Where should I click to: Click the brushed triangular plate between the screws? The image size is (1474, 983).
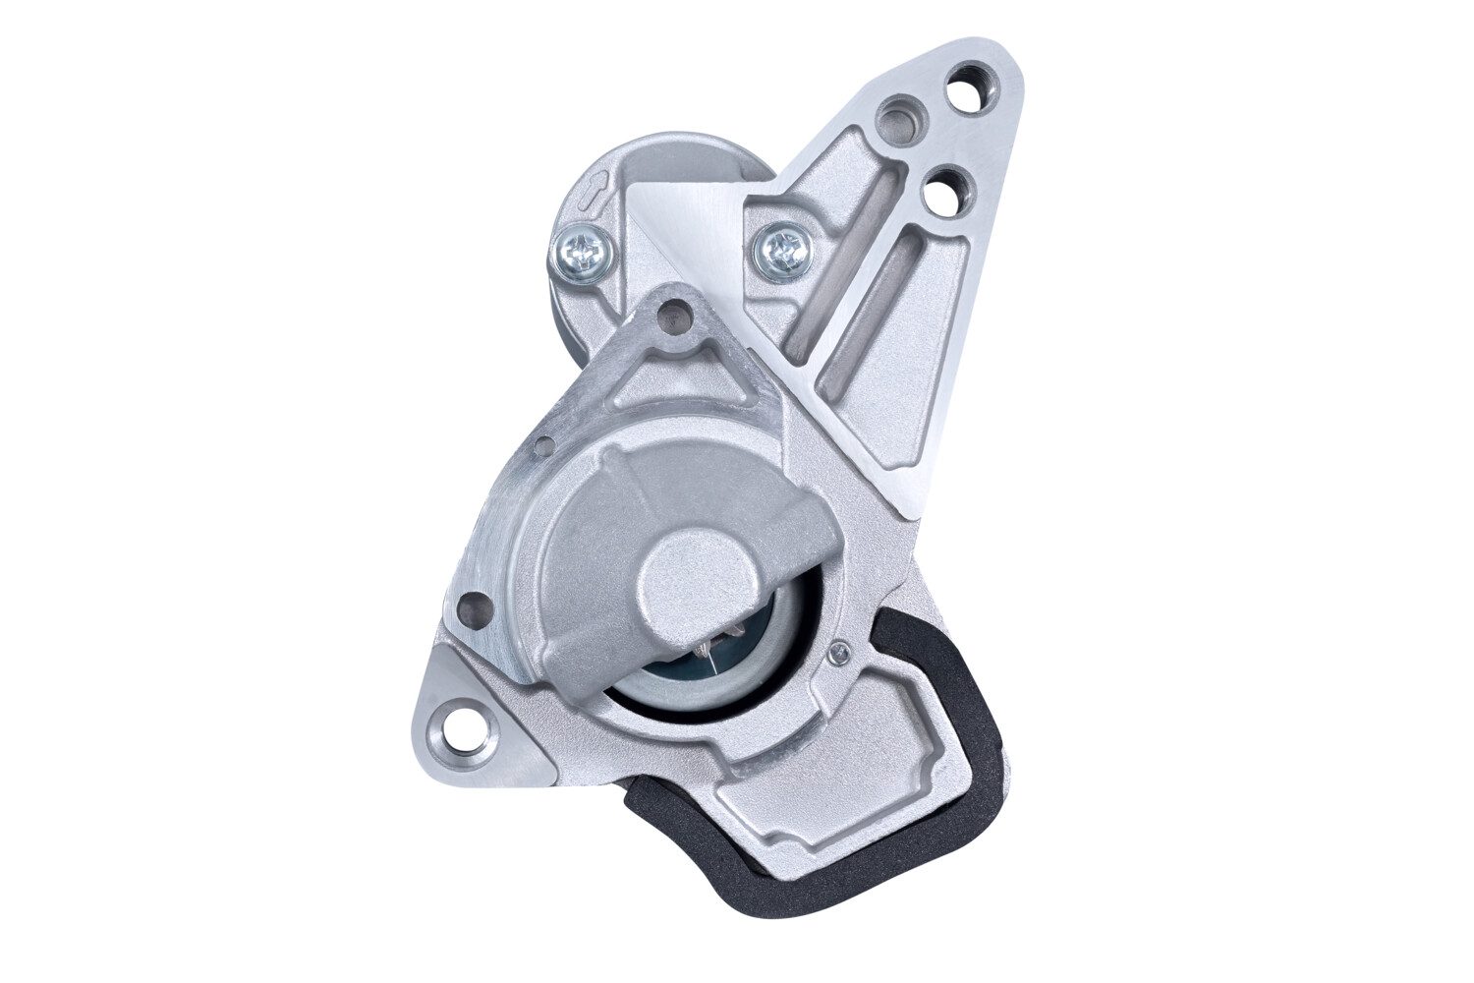pos(688,226)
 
